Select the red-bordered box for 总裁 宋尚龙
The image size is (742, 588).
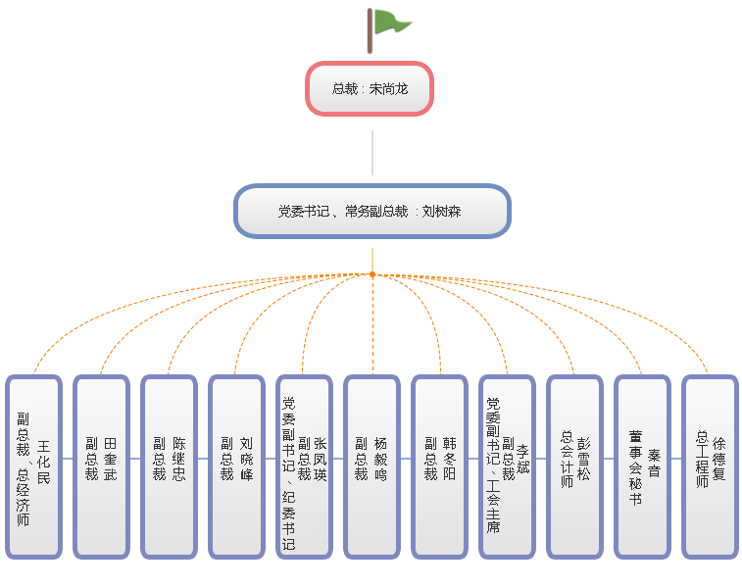pos(370,88)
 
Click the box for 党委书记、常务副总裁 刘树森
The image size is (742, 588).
pos(371,211)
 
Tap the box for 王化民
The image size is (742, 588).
pos(33,466)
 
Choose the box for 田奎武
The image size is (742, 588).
pos(101,466)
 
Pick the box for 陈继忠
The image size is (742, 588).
pos(169,466)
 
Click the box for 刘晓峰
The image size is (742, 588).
pos(236,466)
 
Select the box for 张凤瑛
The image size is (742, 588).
pos(304,466)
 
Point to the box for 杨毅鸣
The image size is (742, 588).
pos(371,466)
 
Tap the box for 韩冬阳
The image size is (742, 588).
pos(439,466)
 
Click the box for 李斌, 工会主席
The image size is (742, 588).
pos(507,466)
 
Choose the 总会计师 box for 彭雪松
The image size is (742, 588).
pos(574,466)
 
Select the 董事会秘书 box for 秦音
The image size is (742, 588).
pos(642,466)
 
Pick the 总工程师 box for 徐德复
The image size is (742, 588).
pos(710,466)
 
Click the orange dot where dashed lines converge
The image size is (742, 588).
pos(372,274)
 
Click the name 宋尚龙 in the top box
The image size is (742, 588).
pos(388,88)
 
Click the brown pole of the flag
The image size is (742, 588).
pos(371,29)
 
